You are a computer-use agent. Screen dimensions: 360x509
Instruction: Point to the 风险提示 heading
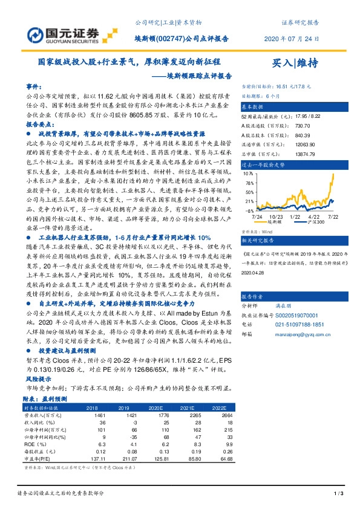39,377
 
